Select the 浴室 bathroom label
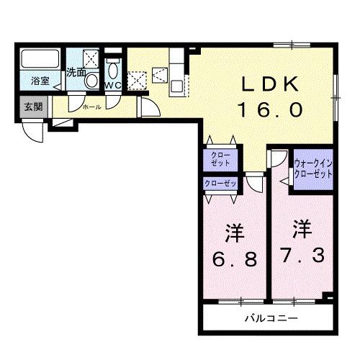point(40,81)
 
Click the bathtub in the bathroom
point(40,60)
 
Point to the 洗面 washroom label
point(76,72)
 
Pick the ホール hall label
point(91,106)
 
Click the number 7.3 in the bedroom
point(302,254)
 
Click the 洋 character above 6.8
point(232,233)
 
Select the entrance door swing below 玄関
point(32,130)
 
